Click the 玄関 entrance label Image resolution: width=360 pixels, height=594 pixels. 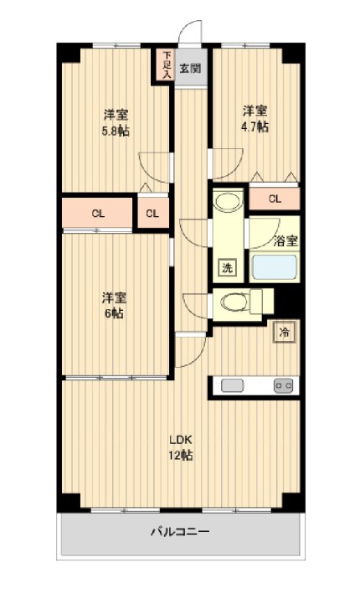(190, 69)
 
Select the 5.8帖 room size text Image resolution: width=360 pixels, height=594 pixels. (115, 131)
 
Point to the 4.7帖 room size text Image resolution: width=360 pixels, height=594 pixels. (255, 127)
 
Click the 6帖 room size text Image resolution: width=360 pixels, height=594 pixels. (114, 313)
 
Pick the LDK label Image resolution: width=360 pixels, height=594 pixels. (181, 440)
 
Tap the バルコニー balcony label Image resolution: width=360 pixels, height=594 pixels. (180, 532)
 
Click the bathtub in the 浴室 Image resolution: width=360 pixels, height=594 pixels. (275, 267)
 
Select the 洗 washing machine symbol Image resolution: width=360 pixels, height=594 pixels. (227, 267)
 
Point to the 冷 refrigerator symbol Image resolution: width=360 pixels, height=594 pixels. (284, 333)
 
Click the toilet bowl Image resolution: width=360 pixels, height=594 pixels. (234, 302)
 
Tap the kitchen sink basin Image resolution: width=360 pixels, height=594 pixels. (233, 386)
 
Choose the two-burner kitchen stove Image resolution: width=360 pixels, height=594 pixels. (284, 386)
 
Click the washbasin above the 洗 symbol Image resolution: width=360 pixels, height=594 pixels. (228, 201)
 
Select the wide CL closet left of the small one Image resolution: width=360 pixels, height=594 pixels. (97, 214)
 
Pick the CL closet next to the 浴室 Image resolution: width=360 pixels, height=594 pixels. (275, 199)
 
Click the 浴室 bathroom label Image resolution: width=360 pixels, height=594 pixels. (285, 241)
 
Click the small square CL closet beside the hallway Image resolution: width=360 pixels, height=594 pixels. (153, 214)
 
